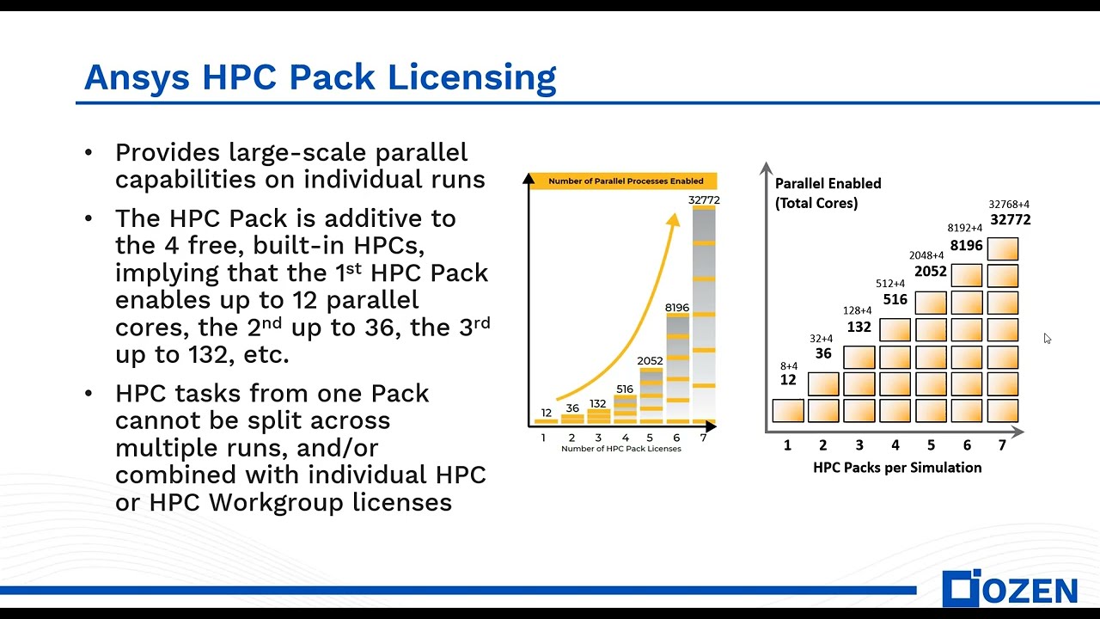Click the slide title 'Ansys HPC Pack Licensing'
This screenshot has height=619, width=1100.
[x=320, y=77]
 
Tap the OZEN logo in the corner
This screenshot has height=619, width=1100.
[x=1009, y=589]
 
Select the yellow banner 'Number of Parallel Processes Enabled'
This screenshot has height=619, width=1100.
[x=626, y=181]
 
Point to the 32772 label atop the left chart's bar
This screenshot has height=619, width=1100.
[x=704, y=200]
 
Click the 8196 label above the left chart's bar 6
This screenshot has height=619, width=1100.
[x=677, y=307]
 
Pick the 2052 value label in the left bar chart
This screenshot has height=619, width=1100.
[x=650, y=361]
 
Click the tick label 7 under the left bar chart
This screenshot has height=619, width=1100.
[x=703, y=438]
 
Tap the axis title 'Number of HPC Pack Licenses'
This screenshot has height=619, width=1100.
[x=620, y=449]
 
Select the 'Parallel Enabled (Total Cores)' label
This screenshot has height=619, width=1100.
[x=828, y=193]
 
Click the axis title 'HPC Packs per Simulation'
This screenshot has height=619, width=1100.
[x=897, y=468]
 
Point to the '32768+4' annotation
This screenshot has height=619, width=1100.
[x=1009, y=205]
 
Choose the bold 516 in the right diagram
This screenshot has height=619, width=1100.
[x=895, y=300]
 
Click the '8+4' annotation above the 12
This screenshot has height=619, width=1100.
[x=788, y=366]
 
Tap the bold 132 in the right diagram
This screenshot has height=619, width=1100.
[x=859, y=327]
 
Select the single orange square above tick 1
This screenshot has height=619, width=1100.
[x=788, y=411]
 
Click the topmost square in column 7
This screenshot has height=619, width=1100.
[x=1003, y=249]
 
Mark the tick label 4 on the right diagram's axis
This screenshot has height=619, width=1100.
[x=895, y=445]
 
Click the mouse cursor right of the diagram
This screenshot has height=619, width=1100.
[x=1047, y=338]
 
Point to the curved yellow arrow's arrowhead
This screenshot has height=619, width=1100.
[x=674, y=220]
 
